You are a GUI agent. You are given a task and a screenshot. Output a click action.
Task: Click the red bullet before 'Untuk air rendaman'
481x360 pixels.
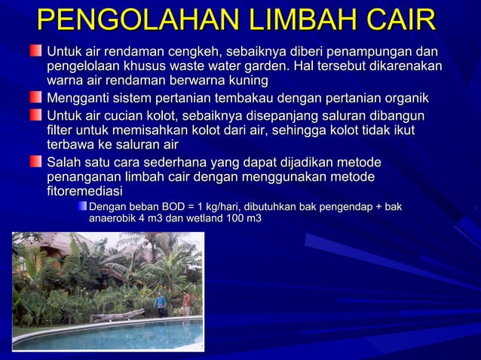(36, 50)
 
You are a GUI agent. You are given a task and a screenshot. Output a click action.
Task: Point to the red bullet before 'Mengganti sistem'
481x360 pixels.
(36, 98)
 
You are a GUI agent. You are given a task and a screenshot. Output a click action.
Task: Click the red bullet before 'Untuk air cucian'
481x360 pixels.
(36, 114)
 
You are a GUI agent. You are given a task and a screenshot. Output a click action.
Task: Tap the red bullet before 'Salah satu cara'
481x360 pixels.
(36, 162)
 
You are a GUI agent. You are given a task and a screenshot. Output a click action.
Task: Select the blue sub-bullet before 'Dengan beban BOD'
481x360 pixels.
(81, 205)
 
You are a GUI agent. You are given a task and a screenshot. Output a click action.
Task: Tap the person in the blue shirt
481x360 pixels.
(160, 304)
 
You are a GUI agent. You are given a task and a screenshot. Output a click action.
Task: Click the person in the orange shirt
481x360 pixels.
(186, 304)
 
